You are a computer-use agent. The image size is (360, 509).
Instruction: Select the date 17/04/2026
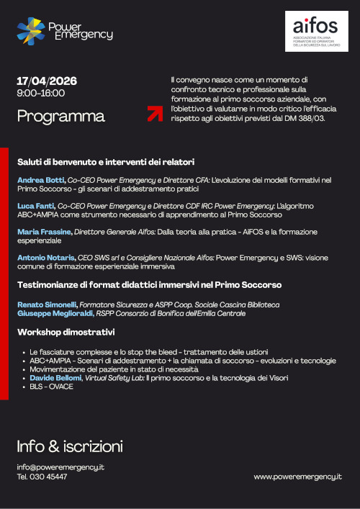pos(47,81)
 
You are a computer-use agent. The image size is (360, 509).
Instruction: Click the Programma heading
pos(60,116)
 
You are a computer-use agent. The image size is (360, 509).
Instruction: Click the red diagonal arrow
pos(154,114)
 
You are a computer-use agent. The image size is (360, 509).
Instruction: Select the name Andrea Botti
pos(40,179)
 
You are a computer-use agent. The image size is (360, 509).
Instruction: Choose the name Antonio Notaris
pos(48,257)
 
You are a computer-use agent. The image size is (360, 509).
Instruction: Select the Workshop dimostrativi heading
pos(66,332)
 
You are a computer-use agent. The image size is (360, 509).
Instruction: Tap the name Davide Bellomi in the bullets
pos(55,377)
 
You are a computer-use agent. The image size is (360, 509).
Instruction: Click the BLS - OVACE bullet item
pos(51,387)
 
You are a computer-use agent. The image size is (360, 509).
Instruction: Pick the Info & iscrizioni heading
pos(70,446)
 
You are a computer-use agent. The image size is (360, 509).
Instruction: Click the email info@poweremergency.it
pos(60,467)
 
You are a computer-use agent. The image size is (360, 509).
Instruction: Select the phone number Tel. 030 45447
pos(42,477)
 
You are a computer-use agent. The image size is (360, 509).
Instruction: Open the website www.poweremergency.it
pos(297,477)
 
